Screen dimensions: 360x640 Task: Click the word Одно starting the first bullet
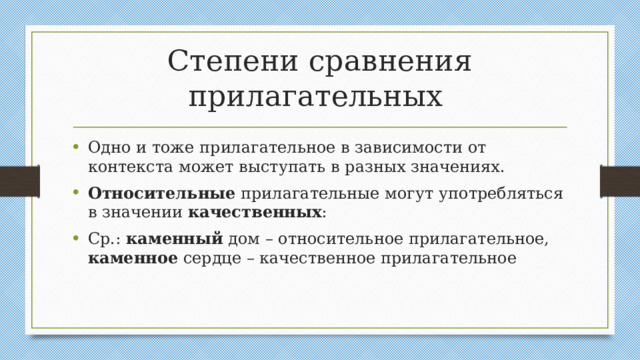[x=108, y=145]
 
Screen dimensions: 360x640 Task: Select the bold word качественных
[x=254, y=213]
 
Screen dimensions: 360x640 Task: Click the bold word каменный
[x=175, y=239]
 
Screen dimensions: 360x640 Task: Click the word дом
[x=245, y=239]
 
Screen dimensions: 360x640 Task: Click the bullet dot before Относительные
[x=77, y=193]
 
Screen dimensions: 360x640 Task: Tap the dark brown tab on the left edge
[x=19, y=181]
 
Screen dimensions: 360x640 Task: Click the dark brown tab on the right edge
[x=620, y=181]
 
